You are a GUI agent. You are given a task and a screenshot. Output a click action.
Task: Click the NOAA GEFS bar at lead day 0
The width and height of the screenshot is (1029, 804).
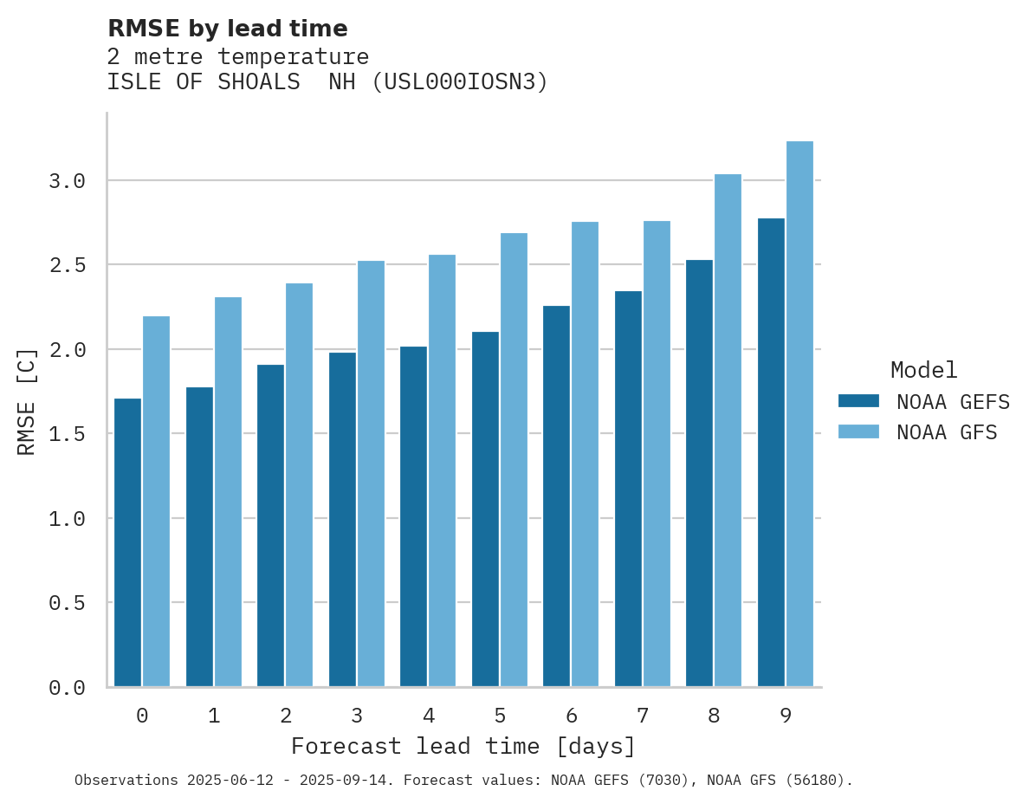click(127, 542)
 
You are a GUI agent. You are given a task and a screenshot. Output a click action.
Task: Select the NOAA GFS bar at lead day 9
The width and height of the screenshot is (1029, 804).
click(799, 413)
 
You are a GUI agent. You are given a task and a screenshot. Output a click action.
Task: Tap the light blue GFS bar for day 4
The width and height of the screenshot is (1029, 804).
click(442, 470)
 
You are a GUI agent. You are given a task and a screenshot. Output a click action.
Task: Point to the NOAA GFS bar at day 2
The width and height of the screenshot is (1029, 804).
click(299, 484)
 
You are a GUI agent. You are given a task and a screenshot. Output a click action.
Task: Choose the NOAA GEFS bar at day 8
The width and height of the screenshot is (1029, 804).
click(699, 473)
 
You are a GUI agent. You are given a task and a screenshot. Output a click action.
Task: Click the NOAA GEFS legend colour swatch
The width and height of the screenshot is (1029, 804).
click(858, 401)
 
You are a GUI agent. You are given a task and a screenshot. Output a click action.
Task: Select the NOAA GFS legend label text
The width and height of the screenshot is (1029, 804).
click(947, 432)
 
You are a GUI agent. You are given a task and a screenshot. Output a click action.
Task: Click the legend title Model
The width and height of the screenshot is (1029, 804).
click(923, 370)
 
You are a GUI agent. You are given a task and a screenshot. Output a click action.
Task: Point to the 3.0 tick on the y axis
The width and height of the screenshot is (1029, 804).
click(68, 181)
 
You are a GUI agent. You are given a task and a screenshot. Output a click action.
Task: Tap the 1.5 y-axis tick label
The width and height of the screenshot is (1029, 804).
click(68, 433)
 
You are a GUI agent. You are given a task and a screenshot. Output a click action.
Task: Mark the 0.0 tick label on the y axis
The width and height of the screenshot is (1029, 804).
click(68, 688)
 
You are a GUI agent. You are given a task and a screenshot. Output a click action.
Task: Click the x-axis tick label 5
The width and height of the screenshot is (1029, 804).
click(500, 716)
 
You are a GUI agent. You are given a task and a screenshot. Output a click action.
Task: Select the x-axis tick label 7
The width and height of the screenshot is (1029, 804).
click(642, 716)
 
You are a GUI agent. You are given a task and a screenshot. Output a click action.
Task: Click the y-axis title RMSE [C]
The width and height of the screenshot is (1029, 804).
click(27, 401)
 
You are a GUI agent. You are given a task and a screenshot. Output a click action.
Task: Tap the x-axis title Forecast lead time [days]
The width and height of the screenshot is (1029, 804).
click(463, 746)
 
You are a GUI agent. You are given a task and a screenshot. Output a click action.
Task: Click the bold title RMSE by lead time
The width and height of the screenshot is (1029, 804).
click(227, 29)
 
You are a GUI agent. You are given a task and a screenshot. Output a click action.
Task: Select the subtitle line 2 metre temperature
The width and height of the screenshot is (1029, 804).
click(238, 56)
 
